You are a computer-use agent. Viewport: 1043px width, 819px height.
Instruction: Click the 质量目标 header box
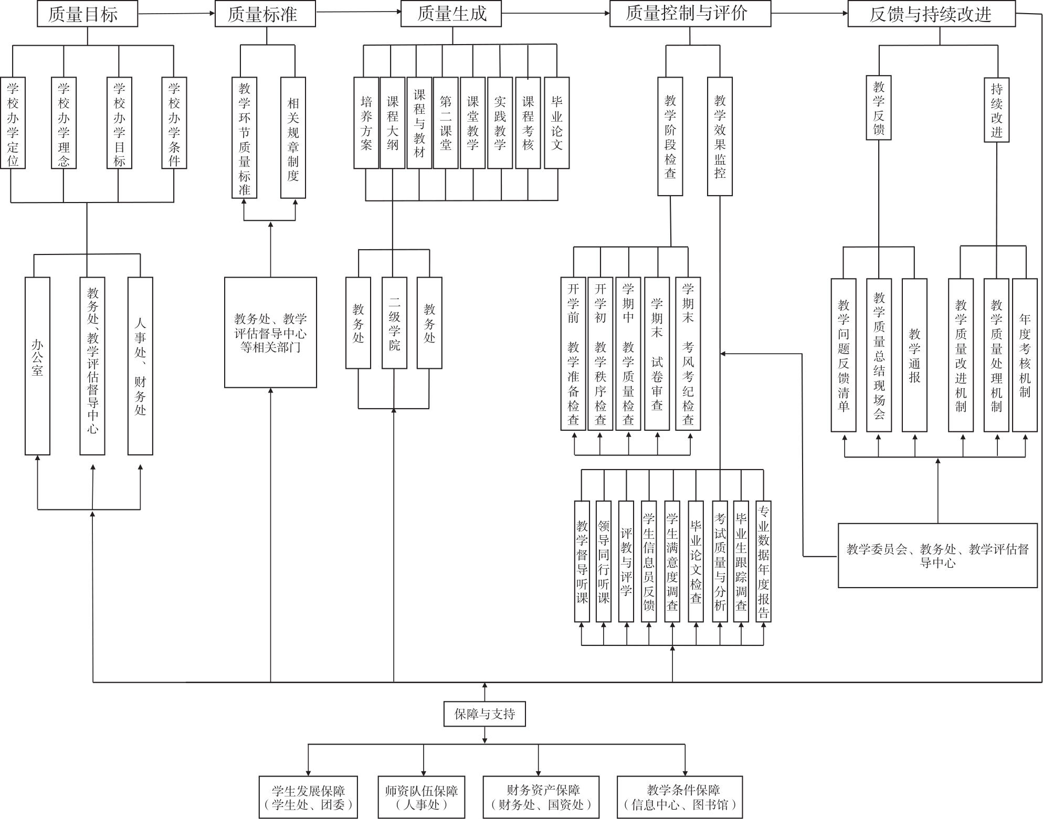[x=87, y=14]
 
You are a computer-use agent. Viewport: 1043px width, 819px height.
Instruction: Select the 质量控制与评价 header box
[x=690, y=14]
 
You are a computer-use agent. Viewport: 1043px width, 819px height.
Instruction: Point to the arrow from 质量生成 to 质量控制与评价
[x=555, y=13]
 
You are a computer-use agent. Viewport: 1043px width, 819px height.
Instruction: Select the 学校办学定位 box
[x=13, y=123]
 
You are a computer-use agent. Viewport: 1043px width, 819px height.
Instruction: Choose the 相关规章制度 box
[x=293, y=138]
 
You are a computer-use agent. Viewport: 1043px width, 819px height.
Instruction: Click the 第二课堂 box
[x=446, y=123]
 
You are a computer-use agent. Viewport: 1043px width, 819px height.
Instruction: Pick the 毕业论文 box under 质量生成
[x=556, y=123]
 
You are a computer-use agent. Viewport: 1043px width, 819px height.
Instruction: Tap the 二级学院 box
[x=394, y=323]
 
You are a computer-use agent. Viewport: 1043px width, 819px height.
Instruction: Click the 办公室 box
[x=37, y=366]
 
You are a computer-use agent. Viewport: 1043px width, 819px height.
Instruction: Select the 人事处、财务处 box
[x=140, y=366]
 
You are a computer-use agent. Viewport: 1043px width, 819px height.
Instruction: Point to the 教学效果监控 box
[x=720, y=136]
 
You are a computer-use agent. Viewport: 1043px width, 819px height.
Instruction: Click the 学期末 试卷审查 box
[x=657, y=354]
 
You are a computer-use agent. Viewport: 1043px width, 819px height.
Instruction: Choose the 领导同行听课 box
[x=604, y=561]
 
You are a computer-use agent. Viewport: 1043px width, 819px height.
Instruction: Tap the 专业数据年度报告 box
[x=763, y=561]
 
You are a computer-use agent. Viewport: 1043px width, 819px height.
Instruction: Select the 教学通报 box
[x=914, y=355]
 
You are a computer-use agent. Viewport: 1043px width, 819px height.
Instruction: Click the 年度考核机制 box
[x=1025, y=355]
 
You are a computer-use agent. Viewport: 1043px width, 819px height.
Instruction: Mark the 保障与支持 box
[x=484, y=714]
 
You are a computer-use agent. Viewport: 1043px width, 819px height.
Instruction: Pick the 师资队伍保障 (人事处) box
[x=422, y=797]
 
